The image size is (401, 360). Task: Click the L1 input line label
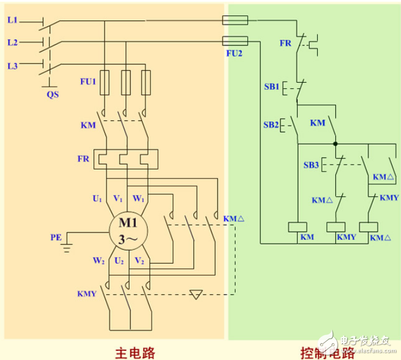(13, 20)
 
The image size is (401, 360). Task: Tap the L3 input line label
(13, 66)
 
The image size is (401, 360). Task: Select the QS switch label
(53, 95)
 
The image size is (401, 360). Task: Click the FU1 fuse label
(88, 81)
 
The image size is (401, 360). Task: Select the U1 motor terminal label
(97, 199)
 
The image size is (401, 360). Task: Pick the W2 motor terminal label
(97, 261)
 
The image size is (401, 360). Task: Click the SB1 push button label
(271, 87)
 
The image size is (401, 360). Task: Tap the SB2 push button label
(271, 124)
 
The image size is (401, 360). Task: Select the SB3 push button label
(310, 165)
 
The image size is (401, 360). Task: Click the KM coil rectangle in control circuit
(298, 226)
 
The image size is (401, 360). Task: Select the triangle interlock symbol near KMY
(197, 294)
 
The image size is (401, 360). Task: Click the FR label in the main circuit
(83, 159)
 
